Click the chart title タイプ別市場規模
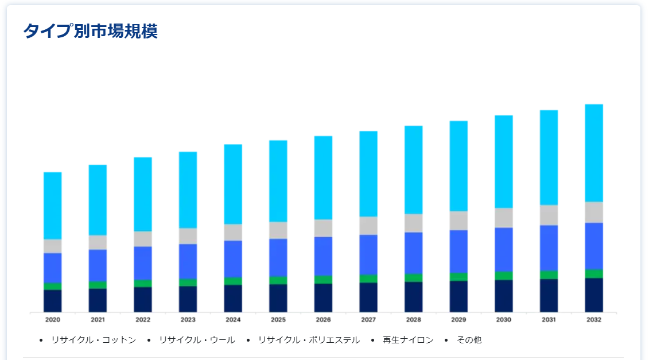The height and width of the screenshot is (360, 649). [90, 31]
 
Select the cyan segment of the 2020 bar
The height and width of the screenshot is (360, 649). [53, 206]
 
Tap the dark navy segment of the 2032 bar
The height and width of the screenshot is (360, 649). [594, 295]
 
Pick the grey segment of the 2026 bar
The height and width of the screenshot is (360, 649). [323, 228]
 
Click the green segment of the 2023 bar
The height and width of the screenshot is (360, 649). [188, 282]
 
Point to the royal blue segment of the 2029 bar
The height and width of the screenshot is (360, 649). [458, 251]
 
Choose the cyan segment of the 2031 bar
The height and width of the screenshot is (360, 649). [549, 157]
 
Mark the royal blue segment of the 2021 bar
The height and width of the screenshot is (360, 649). [98, 265]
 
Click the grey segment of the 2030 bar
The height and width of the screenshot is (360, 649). [504, 218]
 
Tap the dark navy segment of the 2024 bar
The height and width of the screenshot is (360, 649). [233, 299]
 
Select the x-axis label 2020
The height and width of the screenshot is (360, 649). [53, 320]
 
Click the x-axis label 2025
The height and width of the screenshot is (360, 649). [278, 320]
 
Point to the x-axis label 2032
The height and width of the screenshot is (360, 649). [594, 320]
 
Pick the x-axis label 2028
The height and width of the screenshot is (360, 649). [413, 320]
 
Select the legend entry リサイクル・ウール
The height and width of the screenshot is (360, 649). [197, 340]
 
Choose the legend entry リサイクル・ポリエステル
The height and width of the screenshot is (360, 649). [309, 340]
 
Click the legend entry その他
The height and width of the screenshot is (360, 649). [469, 340]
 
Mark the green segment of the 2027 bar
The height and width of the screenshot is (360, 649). [368, 278]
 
